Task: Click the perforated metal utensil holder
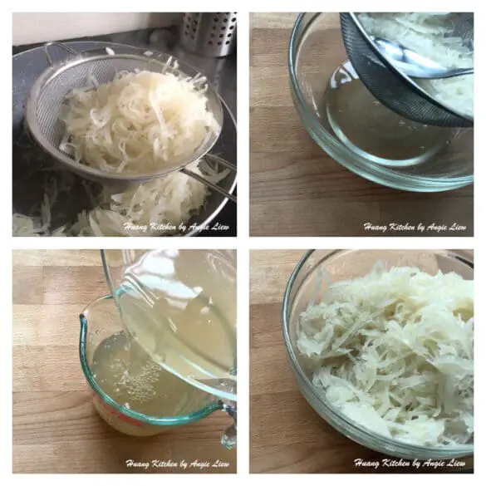tap(209, 34)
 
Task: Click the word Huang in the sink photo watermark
tap(135, 227)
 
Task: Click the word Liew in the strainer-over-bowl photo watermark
tap(457, 227)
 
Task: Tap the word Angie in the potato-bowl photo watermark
tap(436, 464)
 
